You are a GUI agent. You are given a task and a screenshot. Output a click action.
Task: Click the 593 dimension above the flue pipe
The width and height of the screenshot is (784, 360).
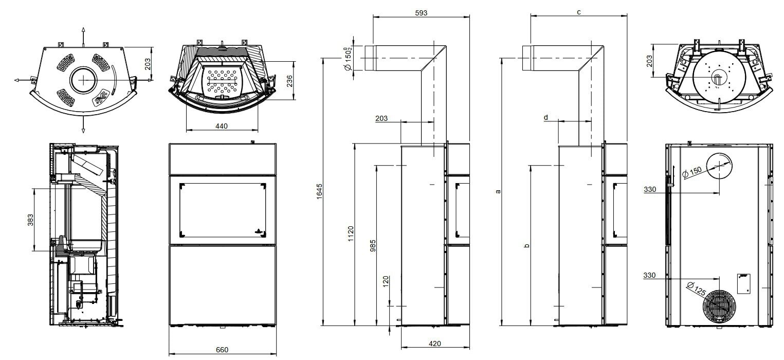(421, 12)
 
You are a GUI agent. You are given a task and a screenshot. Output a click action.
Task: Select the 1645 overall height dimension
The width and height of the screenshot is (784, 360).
(319, 192)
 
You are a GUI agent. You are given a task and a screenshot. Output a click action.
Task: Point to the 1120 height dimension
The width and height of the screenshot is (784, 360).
(351, 235)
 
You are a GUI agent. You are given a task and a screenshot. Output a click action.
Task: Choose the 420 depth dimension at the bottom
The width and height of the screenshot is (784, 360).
(434, 344)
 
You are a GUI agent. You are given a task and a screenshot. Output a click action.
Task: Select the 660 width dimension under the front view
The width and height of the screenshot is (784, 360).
(222, 350)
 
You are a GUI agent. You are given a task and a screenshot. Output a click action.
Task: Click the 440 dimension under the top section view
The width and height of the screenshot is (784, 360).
(222, 126)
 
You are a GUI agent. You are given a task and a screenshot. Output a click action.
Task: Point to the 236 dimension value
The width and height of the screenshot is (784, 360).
(289, 81)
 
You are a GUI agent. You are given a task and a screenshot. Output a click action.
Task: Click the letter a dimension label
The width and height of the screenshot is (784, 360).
(497, 192)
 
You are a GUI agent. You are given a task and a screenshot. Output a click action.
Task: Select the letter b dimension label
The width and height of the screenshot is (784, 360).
(526, 246)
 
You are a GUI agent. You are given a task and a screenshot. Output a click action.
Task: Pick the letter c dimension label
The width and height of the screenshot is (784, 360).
(579, 12)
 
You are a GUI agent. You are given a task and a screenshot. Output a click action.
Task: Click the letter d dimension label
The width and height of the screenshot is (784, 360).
(546, 117)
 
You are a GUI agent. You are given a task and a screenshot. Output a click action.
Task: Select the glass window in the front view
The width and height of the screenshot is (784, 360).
(222, 209)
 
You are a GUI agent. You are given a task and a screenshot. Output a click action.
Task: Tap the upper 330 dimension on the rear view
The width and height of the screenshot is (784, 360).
(650, 189)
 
